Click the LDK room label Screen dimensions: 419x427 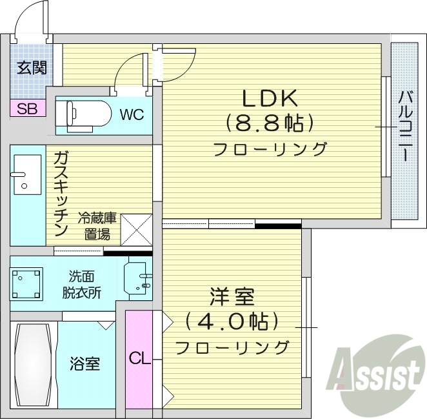coord(269,98)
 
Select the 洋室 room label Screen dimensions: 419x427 coord(232,298)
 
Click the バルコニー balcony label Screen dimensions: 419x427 coord(405,127)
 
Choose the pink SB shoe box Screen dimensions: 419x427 coord(27,108)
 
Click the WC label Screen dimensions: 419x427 coord(131,116)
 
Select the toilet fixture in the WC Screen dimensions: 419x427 coord(80,116)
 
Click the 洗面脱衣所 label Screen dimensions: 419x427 coord(81,284)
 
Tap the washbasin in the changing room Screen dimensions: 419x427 coord(138,279)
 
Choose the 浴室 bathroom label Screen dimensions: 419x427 coord(84,364)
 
